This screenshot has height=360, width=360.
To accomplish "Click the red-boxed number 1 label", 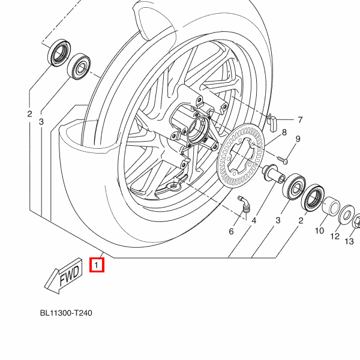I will tap(97, 264).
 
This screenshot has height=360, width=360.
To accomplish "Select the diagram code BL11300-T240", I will tap(66, 313).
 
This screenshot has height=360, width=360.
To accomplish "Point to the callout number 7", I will tap(299, 120).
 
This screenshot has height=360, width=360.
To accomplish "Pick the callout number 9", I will tap(296, 140).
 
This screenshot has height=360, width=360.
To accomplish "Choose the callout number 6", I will tap(232, 231).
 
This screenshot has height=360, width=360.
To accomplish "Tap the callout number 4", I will tap(254, 221).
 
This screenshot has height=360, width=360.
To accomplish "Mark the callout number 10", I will tap(319, 230).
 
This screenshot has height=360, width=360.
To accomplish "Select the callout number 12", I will tap(335, 236).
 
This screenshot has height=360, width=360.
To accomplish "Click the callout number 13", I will tap(349, 241).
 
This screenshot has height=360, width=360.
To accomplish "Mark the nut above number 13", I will tap(356, 221).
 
